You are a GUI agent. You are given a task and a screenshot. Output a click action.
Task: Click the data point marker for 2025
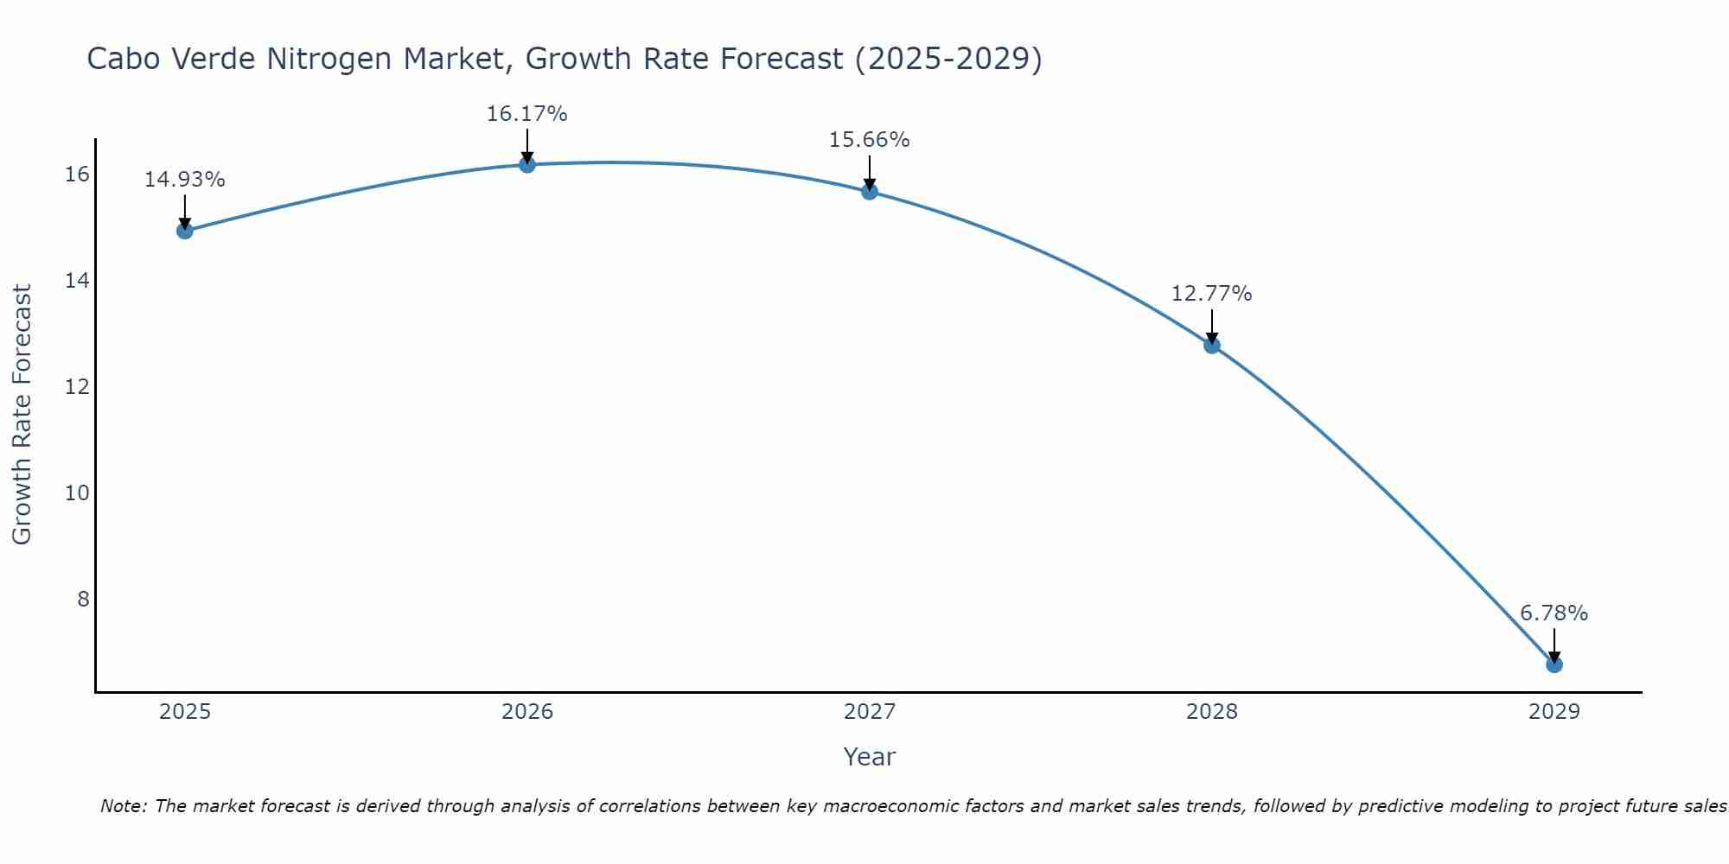click(185, 231)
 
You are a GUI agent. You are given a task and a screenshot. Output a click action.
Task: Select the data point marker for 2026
click(527, 164)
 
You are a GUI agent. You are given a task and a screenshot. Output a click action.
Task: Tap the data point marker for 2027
click(870, 192)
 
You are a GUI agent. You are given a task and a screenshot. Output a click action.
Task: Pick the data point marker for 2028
click(1212, 346)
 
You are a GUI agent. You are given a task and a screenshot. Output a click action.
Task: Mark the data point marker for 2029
click(1554, 664)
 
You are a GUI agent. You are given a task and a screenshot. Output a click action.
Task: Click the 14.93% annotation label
click(185, 180)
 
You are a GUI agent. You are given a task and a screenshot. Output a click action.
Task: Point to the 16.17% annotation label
click(527, 114)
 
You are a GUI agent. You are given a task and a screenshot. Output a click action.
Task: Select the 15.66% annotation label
click(870, 140)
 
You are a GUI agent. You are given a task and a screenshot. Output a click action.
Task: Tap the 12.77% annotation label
click(1212, 294)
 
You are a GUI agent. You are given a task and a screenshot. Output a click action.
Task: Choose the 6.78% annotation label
click(1554, 613)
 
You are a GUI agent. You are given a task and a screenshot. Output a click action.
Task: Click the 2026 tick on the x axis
click(527, 712)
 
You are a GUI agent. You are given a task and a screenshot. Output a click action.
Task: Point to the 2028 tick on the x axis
click(1212, 712)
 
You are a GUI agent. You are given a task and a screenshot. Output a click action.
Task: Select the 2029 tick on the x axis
click(1554, 712)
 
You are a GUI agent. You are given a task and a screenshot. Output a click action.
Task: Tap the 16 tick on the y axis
click(77, 175)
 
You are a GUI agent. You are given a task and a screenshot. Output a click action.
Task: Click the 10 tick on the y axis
click(77, 493)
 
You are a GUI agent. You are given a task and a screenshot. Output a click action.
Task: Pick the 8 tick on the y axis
click(83, 600)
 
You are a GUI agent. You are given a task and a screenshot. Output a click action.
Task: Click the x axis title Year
click(870, 757)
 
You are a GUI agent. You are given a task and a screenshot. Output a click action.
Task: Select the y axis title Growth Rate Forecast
click(22, 415)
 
